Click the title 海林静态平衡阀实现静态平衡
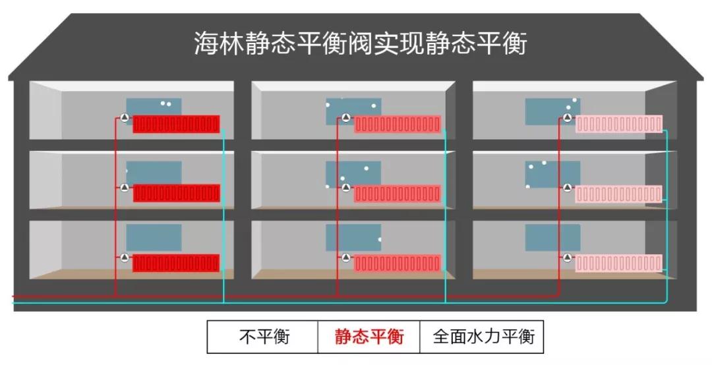(x=361, y=43)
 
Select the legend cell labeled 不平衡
(x=262, y=337)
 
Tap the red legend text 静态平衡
(x=369, y=337)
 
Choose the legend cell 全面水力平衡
(x=482, y=337)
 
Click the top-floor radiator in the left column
(x=176, y=125)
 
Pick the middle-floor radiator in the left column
(x=176, y=194)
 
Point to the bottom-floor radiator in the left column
(x=176, y=264)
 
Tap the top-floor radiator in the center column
(x=398, y=125)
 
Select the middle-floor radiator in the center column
(x=398, y=194)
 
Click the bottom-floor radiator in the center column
(x=398, y=264)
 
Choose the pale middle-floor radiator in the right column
(x=619, y=194)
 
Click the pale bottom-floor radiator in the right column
(x=619, y=264)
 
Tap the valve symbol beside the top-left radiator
(x=125, y=118)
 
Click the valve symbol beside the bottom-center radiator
(x=346, y=258)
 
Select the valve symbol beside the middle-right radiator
(x=568, y=188)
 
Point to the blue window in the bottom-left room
(x=154, y=237)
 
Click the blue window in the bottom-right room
(x=553, y=237)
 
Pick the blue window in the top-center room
(x=353, y=112)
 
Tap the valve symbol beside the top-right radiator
(x=568, y=118)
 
